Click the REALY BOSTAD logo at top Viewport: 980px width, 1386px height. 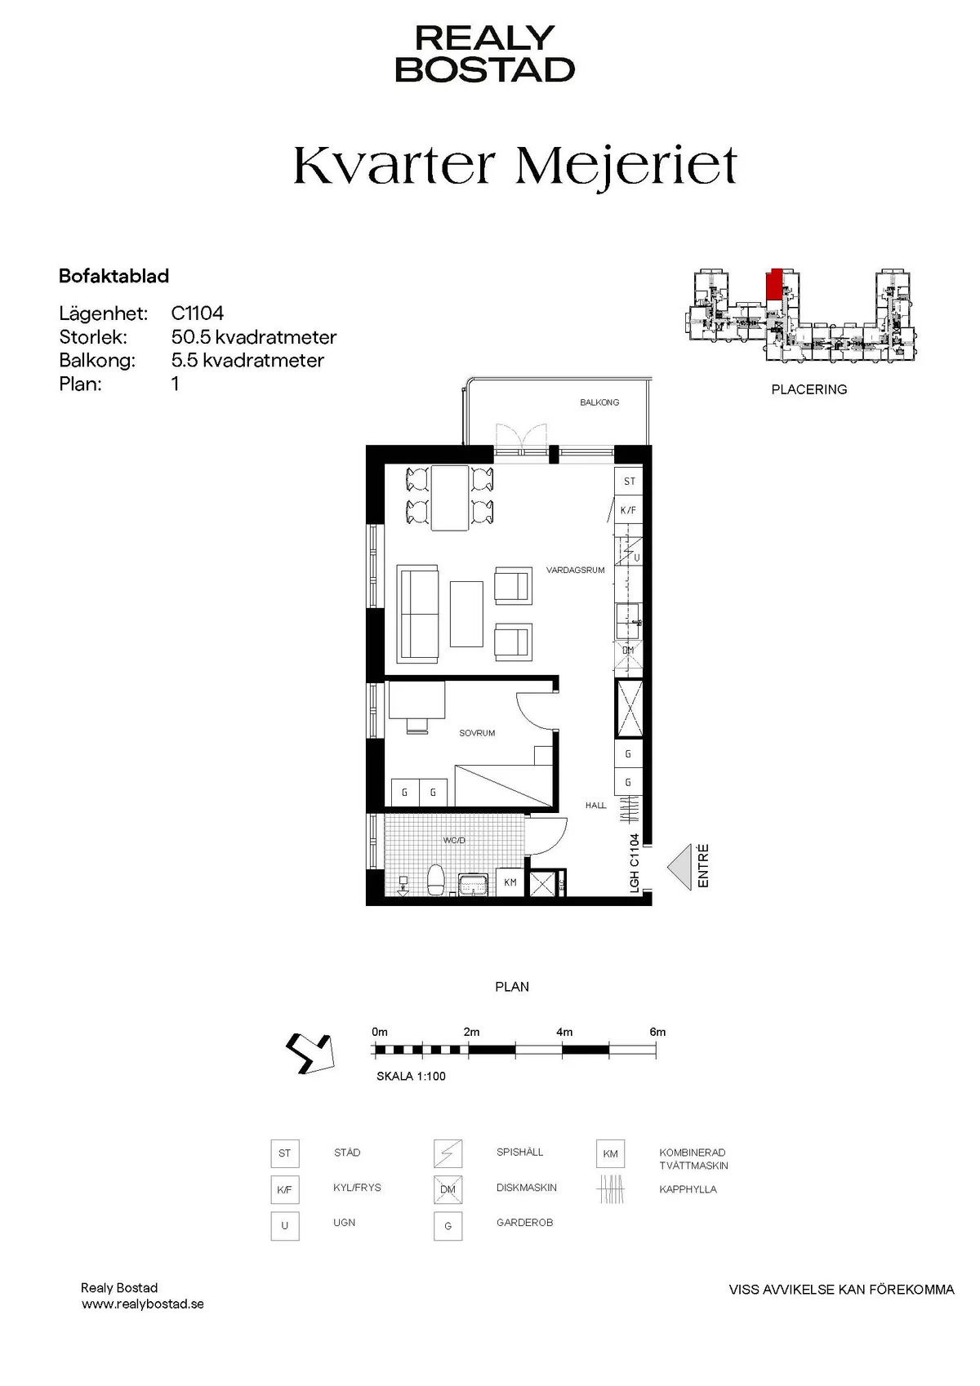coord(485,54)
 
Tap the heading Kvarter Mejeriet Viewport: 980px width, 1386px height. coord(515,165)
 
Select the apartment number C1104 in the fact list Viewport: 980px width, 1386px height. coord(198,313)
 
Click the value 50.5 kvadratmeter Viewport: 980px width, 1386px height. coord(254,337)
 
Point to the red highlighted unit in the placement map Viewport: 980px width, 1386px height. coord(774,284)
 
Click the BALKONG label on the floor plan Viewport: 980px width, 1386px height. coord(599,402)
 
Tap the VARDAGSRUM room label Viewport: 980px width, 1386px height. coord(575,570)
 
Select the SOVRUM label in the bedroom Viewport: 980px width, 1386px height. coord(477,733)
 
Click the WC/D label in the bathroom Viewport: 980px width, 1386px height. coord(454,840)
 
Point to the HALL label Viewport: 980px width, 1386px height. coord(595,805)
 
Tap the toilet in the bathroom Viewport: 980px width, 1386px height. coord(436,880)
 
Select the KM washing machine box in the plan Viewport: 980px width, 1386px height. coord(510,882)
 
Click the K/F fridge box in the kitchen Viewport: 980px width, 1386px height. coord(628,510)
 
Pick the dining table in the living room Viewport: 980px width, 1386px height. coord(450,498)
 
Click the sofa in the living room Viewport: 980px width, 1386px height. coord(418,613)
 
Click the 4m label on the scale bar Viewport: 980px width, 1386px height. coord(564,1032)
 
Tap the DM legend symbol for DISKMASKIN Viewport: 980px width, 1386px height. coord(448,1189)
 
